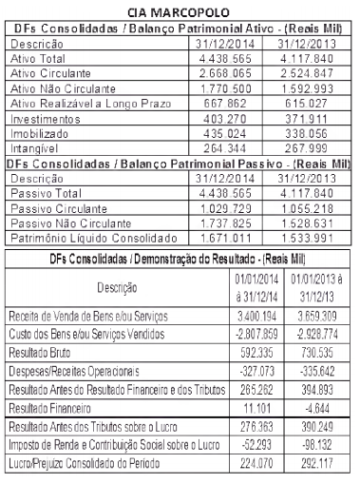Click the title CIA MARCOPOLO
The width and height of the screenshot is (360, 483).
pyautogui.click(x=179, y=11)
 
